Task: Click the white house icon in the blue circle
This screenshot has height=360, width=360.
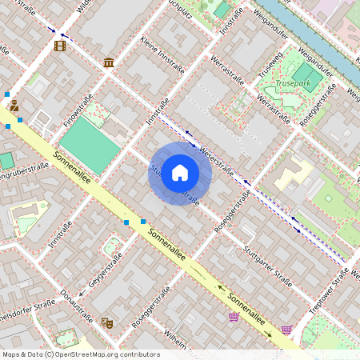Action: point(180,173)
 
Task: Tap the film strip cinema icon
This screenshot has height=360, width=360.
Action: point(60,45)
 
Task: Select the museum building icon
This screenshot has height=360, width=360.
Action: point(108,62)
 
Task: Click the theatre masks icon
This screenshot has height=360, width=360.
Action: point(107,322)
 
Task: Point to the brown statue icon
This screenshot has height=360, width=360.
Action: point(14,105)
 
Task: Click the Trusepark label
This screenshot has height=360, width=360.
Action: point(292,82)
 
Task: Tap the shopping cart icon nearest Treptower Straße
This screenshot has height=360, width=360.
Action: point(286,329)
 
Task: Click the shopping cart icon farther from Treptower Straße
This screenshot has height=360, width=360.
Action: point(234,317)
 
